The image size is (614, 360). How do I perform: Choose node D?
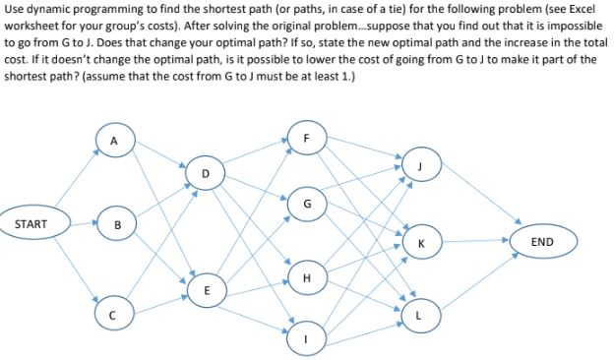pyautogui.click(x=205, y=173)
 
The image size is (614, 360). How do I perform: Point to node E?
pyautogui.click(x=205, y=291)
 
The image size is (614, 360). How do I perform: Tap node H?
pyautogui.click(x=307, y=277)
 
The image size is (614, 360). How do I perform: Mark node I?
pyautogui.click(x=307, y=341)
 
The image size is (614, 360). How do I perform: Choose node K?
pyautogui.click(x=421, y=241)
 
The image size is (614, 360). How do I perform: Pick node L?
pyautogui.click(x=421, y=314)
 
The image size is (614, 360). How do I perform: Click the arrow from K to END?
pyautogui.click(x=473, y=241)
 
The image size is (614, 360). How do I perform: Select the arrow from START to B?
pyautogui.click(x=84, y=225)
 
